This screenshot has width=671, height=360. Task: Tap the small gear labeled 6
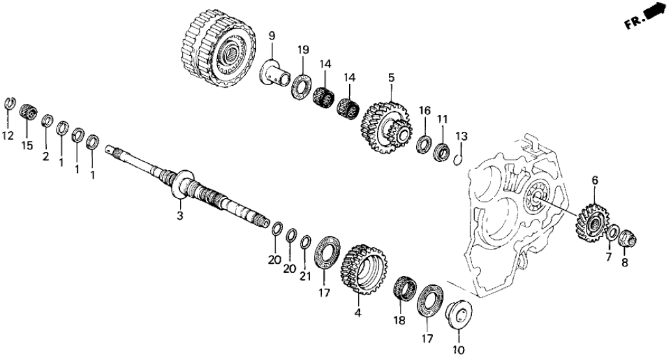click(x=591, y=224)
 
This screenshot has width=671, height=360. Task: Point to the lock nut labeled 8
click(x=628, y=238)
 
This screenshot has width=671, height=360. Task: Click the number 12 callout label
click(x=8, y=136)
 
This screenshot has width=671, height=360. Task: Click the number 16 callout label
click(x=425, y=110)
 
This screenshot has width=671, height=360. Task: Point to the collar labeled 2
click(x=46, y=121)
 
